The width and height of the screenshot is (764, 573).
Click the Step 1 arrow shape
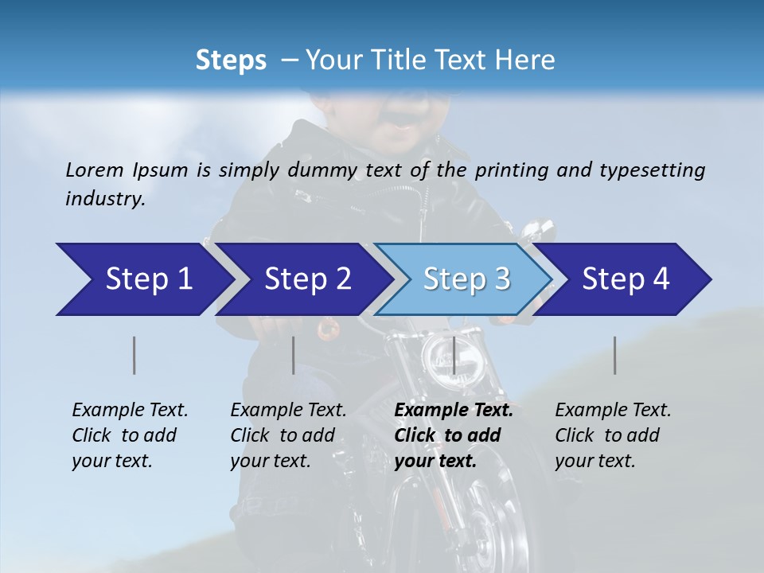[143, 279]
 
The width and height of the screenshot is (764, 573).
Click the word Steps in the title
[231, 60]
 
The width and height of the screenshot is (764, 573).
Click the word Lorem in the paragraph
[95, 170]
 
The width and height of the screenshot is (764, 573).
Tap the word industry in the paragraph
[105, 198]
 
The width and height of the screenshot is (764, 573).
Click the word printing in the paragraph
[509, 170]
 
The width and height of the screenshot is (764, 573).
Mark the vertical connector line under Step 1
[134, 355]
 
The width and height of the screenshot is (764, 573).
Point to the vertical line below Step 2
[293, 355]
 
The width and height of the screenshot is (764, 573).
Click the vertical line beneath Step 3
[454, 355]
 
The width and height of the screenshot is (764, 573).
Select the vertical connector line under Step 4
[614, 355]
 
